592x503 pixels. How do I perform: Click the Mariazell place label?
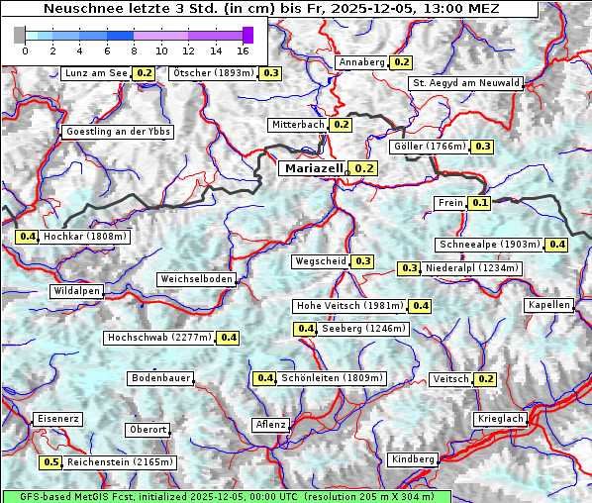pos(313,168)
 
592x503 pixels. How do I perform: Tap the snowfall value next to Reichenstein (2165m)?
pos(50,462)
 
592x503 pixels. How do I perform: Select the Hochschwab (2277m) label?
pos(159,338)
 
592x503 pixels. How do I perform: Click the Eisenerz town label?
pos(56,419)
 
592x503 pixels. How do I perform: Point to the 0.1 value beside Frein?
pos(480,203)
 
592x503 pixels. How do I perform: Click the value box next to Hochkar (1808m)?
pos(27,238)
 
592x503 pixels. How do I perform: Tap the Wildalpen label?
pos(77,291)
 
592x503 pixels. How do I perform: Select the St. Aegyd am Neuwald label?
pos(465,83)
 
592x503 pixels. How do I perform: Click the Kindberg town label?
pos(413,459)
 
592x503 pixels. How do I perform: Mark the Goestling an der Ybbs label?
pos(117,132)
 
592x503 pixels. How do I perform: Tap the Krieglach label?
pos(500,420)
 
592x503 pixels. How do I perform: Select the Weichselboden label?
pos(197,279)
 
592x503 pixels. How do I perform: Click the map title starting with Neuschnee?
pos(269,9)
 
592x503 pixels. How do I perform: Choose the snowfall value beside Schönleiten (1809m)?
pos(264,378)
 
